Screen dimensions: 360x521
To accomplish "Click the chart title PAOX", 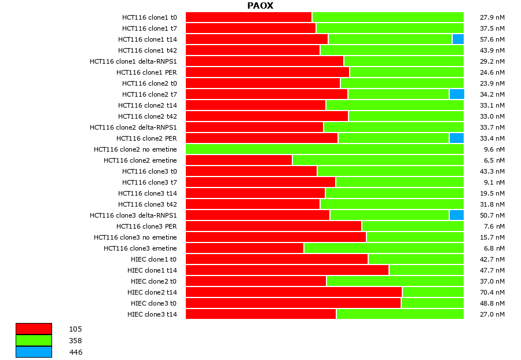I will (x=260, y=6).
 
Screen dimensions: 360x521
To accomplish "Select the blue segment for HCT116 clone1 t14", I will (x=457, y=39).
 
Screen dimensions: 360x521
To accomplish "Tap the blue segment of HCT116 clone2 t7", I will (x=456, y=94).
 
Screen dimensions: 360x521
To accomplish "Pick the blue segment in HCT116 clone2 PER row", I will (x=456, y=138).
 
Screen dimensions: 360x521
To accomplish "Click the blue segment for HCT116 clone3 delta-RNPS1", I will (x=456, y=215).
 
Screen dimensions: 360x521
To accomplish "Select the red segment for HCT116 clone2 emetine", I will (x=239, y=160).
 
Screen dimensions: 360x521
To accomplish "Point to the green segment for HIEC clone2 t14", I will (x=432, y=292).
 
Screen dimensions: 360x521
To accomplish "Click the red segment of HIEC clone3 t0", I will (x=293, y=303).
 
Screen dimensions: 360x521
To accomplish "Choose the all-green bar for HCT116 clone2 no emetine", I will (x=324, y=149).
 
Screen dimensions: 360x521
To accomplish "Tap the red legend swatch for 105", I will (x=34, y=329).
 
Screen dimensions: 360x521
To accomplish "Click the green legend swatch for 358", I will (x=34, y=340).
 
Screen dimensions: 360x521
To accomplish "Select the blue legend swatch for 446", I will (x=34, y=352).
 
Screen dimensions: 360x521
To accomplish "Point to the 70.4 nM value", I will (x=493, y=292).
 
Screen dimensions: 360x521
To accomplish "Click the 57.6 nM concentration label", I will (x=493, y=39).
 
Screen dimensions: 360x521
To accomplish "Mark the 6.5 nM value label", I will (x=494, y=160).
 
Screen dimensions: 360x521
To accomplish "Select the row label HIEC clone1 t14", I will (x=152, y=270).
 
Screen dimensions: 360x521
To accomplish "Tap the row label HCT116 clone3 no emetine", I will (x=135, y=237).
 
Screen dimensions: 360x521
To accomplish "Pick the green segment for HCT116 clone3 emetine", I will (x=383, y=248).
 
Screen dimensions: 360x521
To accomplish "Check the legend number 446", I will (x=76, y=352).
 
